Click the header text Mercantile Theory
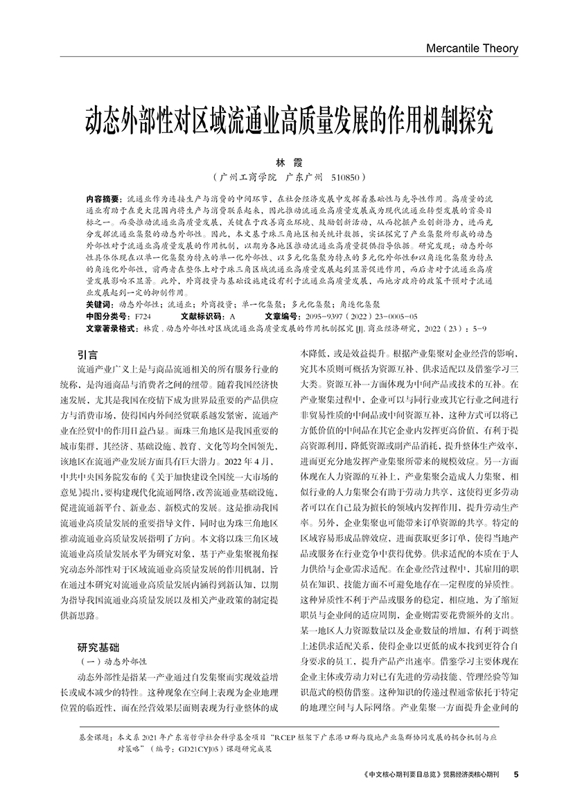click(473, 49)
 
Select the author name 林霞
click(287, 161)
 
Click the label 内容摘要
click(102, 197)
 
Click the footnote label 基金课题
click(94, 739)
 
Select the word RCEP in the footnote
click(289, 739)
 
